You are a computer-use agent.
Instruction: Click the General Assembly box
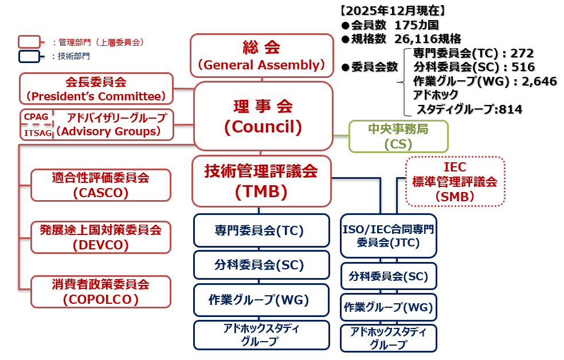coord(262,56)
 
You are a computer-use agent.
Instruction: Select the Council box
coord(263,116)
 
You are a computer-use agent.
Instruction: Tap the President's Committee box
coord(96,88)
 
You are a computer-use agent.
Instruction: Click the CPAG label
coord(36,117)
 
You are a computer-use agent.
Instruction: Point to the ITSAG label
coord(38,133)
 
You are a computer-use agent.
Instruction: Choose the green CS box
coord(398,136)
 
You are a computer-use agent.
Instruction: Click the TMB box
coord(261,181)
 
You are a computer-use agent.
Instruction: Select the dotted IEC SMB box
coord(455,181)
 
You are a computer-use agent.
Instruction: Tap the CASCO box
coord(101,185)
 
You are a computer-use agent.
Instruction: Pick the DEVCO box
coord(101,237)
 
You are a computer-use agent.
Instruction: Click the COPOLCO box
coord(101,292)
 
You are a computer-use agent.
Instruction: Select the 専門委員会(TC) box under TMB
coord(261,230)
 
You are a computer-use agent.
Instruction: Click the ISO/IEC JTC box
coord(389,236)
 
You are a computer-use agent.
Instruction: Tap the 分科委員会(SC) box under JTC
coord(389,276)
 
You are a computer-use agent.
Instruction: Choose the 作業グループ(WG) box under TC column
coord(261,300)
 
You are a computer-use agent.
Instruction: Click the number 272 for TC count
coord(522,53)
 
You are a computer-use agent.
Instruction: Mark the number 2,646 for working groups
coord(539,81)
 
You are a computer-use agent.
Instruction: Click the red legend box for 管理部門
coord(29,42)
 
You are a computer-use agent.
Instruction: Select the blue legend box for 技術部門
coord(29,56)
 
